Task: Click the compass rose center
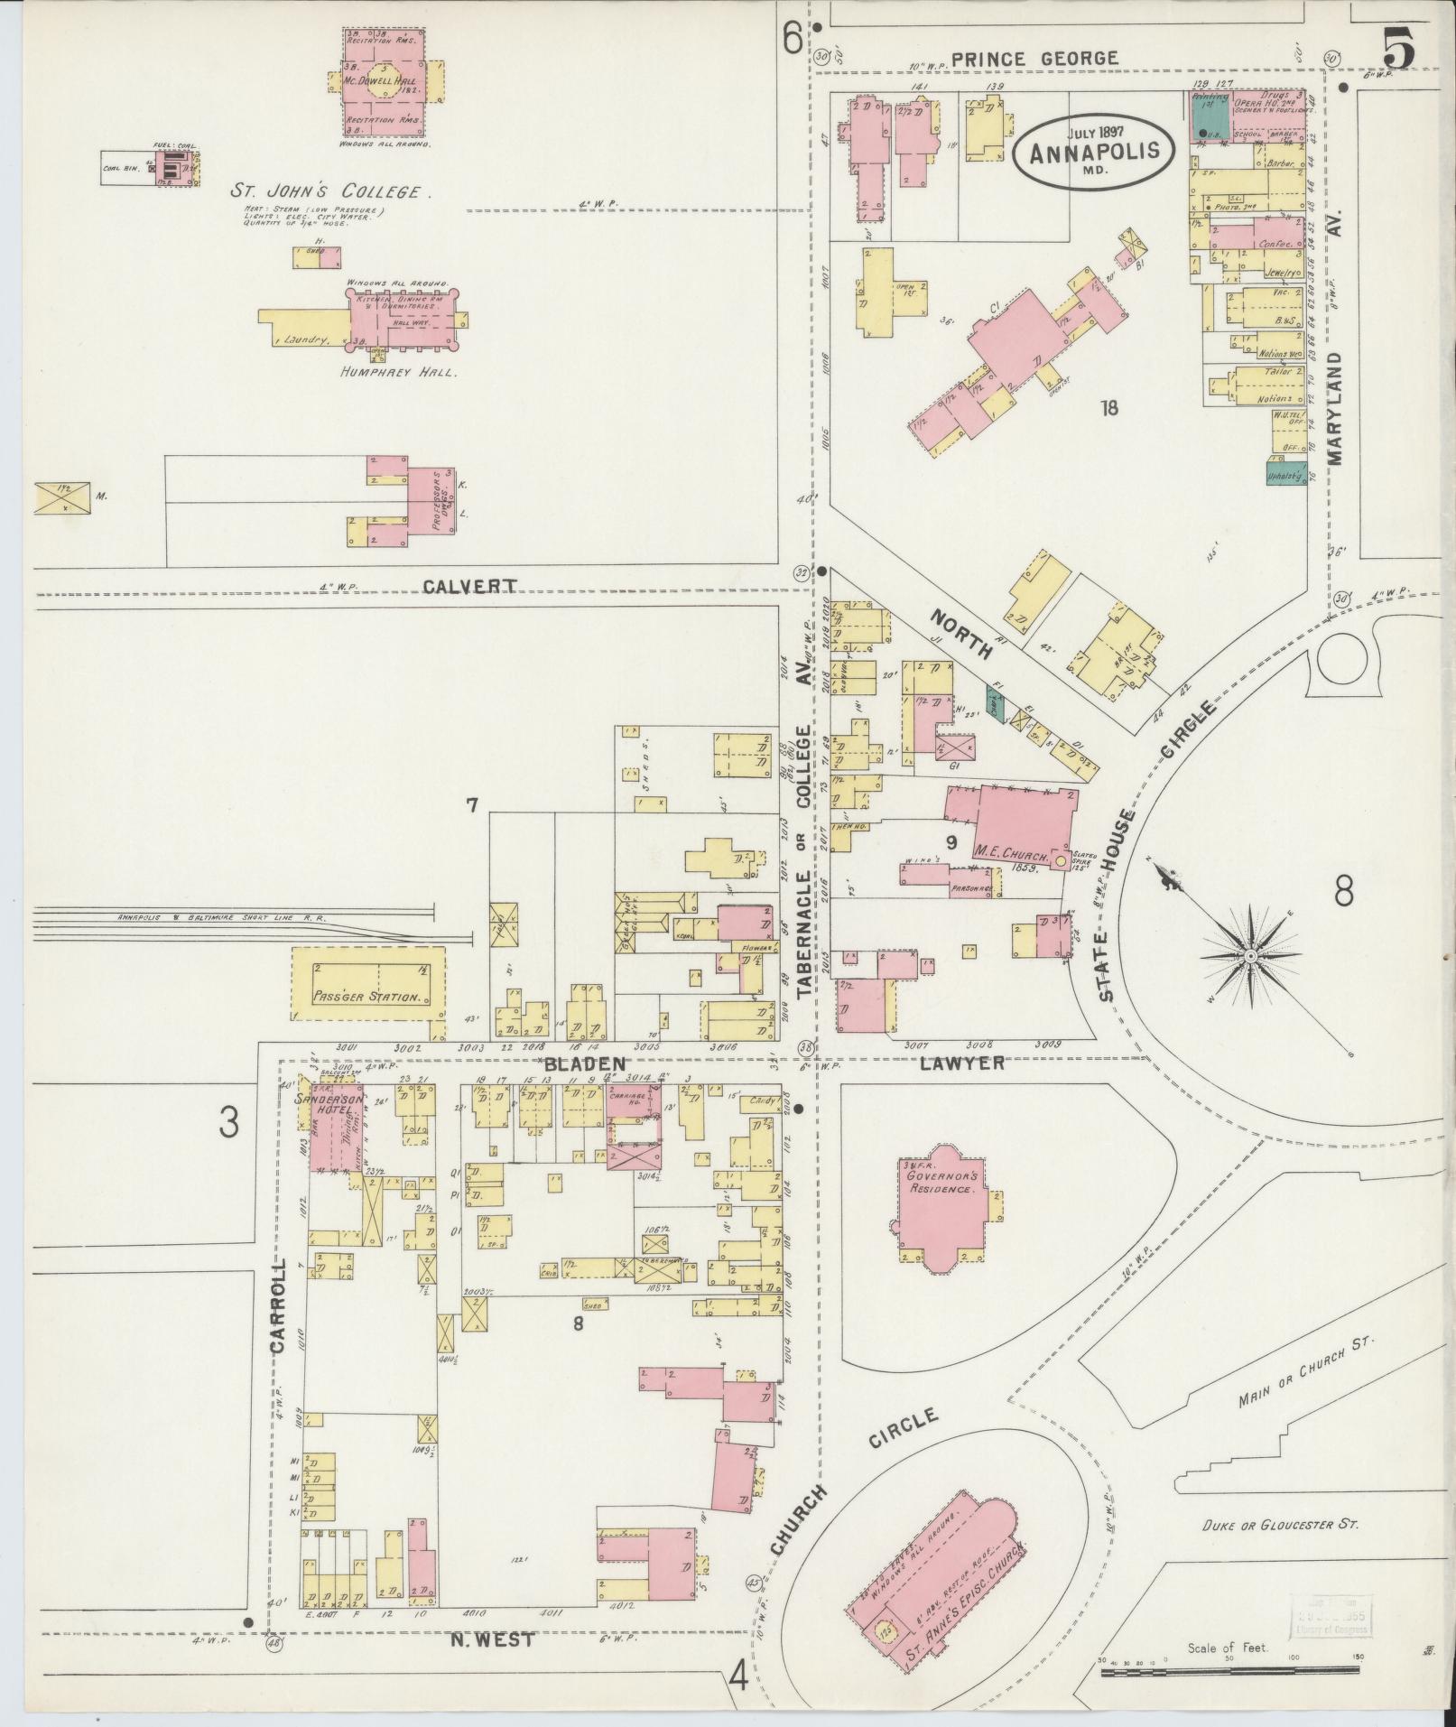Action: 1251,955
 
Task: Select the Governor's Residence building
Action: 943,1206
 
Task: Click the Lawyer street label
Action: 962,1063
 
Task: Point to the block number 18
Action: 1109,408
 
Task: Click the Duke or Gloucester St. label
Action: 1281,1524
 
